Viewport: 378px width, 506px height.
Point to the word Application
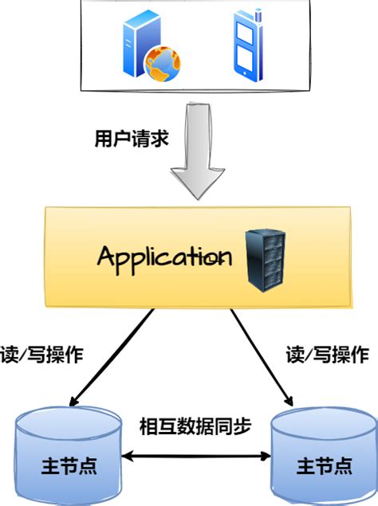pyautogui.click(x=165, y=256)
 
